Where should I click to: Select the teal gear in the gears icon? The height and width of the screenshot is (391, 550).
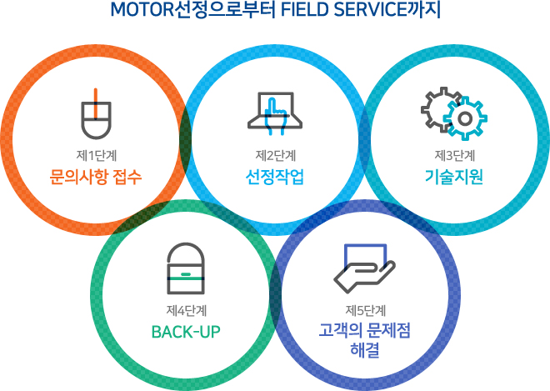[x=465, y=118]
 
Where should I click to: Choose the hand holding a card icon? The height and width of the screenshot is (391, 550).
[x=364, y=268]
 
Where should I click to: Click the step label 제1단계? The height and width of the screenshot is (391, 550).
[x=97, y=156]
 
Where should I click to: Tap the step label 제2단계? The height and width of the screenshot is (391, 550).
[x=276, y=156]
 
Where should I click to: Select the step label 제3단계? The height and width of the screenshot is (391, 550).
[x=455, y=156]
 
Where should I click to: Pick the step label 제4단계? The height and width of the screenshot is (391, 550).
[x=187, y=311]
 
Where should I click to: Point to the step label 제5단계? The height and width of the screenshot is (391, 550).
[x=366, y=311]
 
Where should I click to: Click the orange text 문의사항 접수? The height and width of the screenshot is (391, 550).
[x=96, y=177]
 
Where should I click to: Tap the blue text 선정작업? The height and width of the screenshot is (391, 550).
[x=275, y=177]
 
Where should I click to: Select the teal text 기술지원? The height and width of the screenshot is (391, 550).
[x=454, y=177]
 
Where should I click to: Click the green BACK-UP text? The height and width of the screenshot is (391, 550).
[x=186, y=332]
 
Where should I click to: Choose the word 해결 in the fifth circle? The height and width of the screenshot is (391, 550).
[x=365, y=349]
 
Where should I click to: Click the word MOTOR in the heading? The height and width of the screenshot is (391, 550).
[x=142, y=10]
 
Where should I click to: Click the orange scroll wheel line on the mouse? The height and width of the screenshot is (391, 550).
[x=96, y=103]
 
